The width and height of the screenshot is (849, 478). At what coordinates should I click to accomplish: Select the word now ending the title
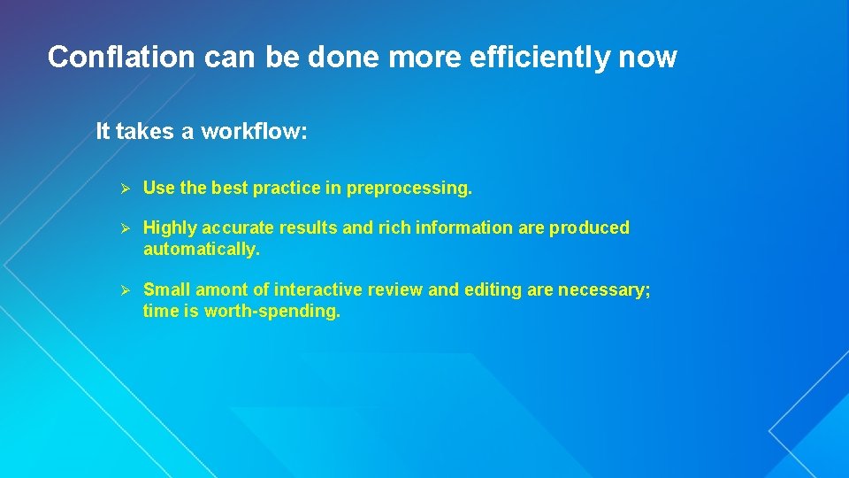click(x=647, y=58)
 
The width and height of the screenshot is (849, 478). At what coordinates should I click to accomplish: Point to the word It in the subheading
click(x=103, y=132)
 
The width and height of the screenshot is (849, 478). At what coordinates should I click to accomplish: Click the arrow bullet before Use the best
click(x=126, y=189)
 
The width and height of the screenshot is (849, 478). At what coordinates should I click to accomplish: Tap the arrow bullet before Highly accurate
click(x=126, y=228)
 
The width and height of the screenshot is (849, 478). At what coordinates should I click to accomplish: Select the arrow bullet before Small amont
click(x=126, y=290)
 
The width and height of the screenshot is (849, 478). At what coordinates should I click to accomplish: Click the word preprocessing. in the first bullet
click(x=409, y=189)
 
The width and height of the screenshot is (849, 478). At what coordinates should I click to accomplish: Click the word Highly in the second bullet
click(x=170, y=228)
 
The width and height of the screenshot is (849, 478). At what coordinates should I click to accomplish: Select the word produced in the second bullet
click(x=589, y=228)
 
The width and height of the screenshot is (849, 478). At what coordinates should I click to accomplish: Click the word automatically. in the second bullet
click(x=202, y=250)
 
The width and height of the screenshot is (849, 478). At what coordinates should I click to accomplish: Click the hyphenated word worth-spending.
click(x=272, y=312)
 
